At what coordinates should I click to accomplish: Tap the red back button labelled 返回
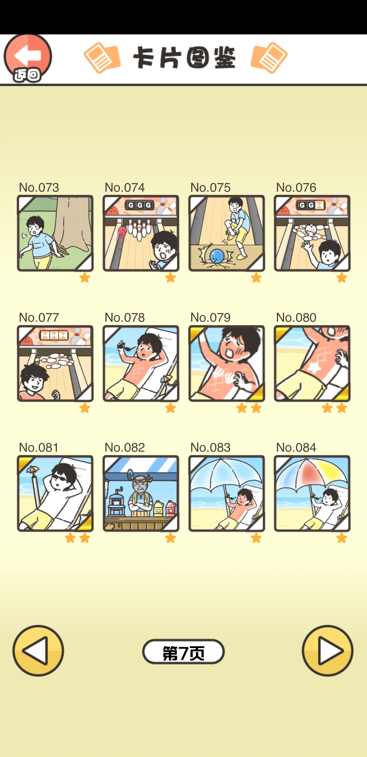point(28,58)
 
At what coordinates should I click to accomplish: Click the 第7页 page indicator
point(183,652)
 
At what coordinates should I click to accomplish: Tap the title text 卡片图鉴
point(184,58)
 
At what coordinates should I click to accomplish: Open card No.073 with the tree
point(55,233)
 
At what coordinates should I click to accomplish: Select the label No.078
point(125,317)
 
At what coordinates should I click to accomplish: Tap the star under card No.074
point(170,277)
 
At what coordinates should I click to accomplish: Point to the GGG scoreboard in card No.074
point(140,205)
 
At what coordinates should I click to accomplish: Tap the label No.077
point(39,317)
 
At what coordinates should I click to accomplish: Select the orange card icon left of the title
point(102,58)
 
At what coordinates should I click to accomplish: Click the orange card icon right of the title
point(269,58)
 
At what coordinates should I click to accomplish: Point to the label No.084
point(296,447)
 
